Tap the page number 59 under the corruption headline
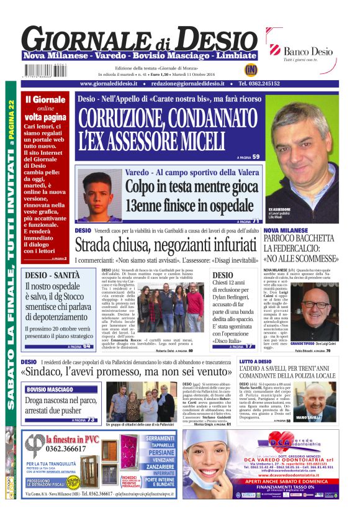(x=255, y=157)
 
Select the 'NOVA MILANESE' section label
(x=287, y=230)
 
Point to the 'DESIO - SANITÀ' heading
(x=53, y=275)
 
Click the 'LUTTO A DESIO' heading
(x=255, y=361)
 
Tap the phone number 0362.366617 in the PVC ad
(x=66, y=448)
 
